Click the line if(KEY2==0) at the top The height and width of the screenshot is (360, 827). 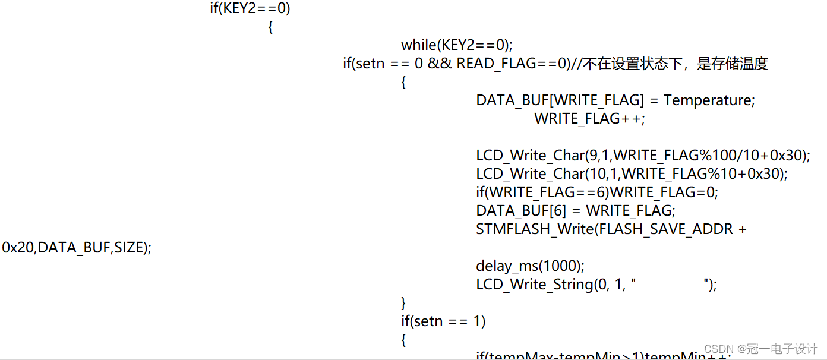tap(250, 8)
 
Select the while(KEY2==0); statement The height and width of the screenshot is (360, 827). tap(456, 45)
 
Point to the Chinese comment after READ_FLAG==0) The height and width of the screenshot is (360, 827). tap(674, 64)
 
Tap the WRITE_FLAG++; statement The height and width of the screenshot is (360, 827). tap(589, 119)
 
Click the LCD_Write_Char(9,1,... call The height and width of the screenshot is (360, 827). tap(643, 156)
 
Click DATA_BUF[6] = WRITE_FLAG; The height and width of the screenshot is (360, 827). tap(576, 211)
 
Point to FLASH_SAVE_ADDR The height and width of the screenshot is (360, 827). tap(666, 229)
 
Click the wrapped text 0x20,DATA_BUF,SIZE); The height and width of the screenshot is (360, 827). tap(77, 248)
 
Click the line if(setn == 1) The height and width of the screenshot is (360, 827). tap(443, 321)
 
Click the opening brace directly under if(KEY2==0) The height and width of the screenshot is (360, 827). tap(271, 27)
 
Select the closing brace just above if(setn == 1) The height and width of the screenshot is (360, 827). tap(404, 303)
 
